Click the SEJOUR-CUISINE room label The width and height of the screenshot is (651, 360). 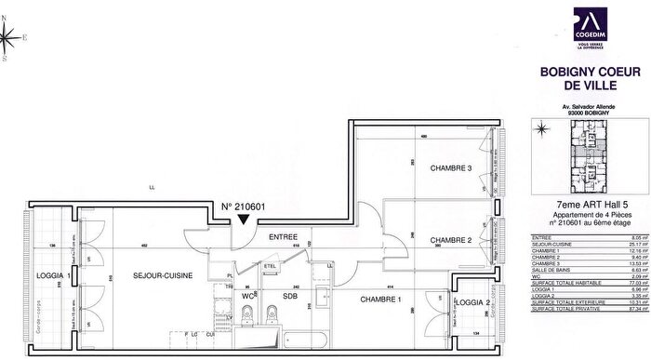(x=155, y=278)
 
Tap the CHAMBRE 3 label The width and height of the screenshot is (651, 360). (x=450, y=168)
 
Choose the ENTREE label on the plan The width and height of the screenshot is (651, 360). (x=283, y=238)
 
